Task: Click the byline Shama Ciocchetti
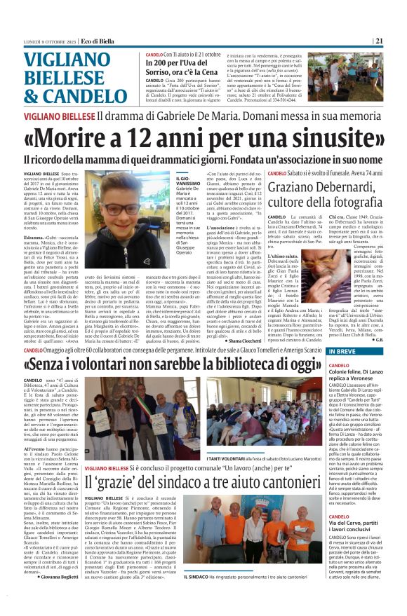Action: click(225, 339)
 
